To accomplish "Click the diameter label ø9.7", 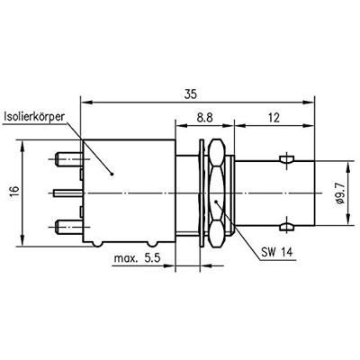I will pyautogui.click(x=337, y=192).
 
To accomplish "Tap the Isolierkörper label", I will pyautogui.click(x=57, y=116).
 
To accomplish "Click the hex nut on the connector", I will pyautogui.click(x=216, y=192).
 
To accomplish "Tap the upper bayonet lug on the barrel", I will pyautogui.click(x=285, y=161).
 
